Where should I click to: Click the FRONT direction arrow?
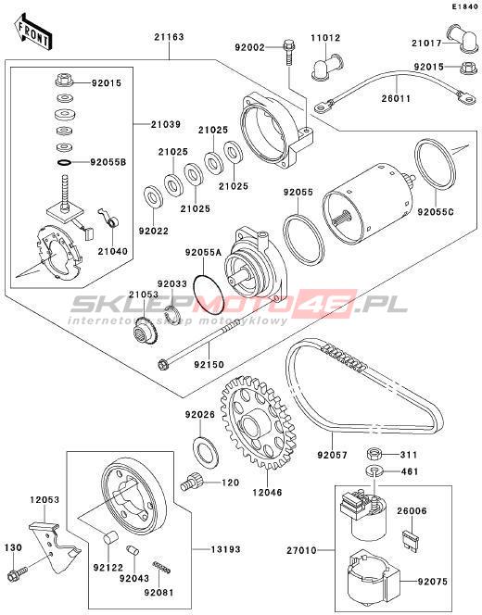pyautogui.click(x=33, y=32)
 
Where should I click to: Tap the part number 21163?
pyautogui.click(x=169, y=37)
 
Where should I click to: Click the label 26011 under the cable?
pyautogui.click(x=396, y=98)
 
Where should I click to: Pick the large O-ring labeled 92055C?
pyautogui.click(x=436, y=164)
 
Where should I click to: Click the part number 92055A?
pyautogui.click(x=203, y=253)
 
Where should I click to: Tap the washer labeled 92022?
pyautogui.click(x=154, y=195)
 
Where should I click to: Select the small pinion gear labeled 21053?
pyautogui.click(x=145, y=331)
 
